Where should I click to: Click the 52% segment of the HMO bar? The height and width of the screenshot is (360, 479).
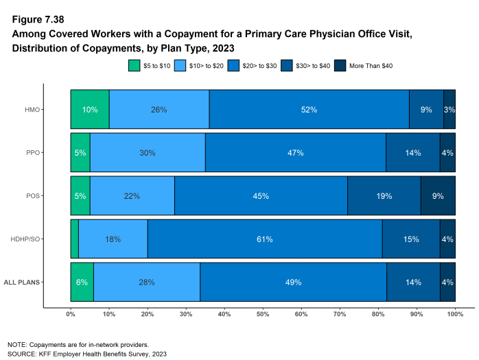[x=309, y=109]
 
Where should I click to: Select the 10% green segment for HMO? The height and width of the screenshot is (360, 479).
[x=90, y=109]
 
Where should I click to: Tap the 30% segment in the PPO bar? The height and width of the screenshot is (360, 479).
[x=148, y=152]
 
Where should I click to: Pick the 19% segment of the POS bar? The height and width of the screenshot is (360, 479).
[x=384, y=196]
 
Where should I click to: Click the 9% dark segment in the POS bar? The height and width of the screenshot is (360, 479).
[x=438, y=196]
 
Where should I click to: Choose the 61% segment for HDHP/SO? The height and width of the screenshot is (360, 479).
[x=265, y=239]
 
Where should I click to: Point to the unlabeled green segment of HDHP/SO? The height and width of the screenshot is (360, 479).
[x=74, y=239]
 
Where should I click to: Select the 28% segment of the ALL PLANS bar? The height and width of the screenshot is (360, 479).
[x=147, y=282]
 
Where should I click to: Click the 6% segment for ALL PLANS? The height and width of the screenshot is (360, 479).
[x=82, y=282]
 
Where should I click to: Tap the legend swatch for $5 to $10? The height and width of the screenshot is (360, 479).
[x=135, y=66]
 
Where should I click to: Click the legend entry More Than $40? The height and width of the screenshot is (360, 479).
[x=369, y=66]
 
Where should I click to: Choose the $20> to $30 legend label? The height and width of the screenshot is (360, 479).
[x=257, y=66]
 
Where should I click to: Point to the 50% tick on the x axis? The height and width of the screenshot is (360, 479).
[x=263, y=313]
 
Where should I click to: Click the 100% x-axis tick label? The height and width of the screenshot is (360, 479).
[x=455, y=313]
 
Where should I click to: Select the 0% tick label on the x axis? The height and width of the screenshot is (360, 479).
[x=71, y=313]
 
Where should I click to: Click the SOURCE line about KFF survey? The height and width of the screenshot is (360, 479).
[x=87, y=354]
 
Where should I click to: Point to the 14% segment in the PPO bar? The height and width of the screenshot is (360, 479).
[x=413, y=152]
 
